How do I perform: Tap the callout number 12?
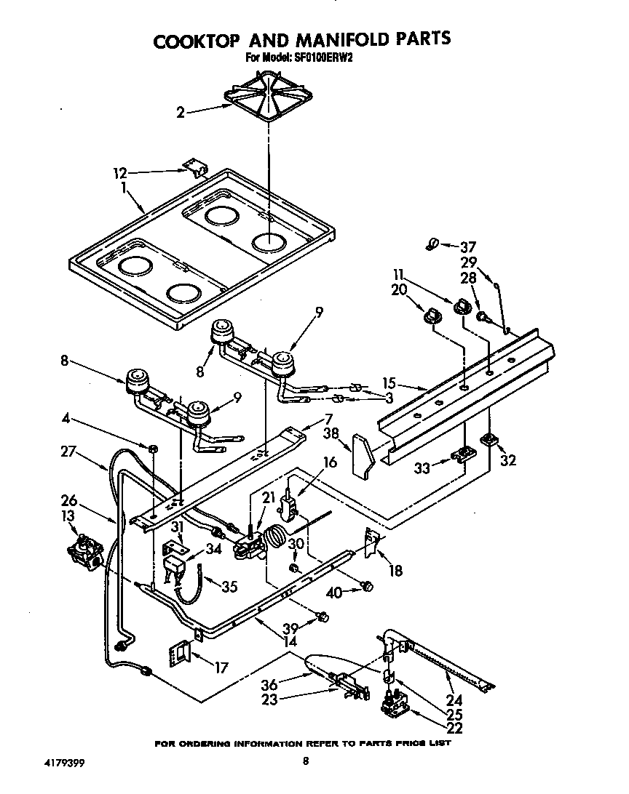tap(120, 173)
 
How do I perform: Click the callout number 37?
tap(470, 246)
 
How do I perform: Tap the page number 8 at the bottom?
tap(306, 761)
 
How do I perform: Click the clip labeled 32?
tap(488, 440)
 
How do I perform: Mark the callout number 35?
tap(229, 586)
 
